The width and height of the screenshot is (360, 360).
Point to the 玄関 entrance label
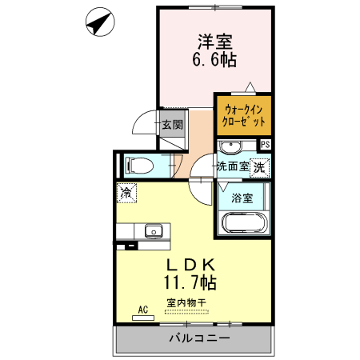(x=172, y=124)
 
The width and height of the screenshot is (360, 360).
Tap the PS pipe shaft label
(x=266, y=144)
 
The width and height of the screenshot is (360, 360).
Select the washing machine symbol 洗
(x=258, y=167)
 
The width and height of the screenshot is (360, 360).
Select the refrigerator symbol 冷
(x=126, y=192)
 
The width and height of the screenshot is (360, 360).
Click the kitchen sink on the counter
(x=152, y=232)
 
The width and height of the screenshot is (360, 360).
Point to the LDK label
(x=193, y=265)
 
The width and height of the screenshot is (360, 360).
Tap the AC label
(x=143, y=308)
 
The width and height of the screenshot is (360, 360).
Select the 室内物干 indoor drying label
(x=187, y=303)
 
